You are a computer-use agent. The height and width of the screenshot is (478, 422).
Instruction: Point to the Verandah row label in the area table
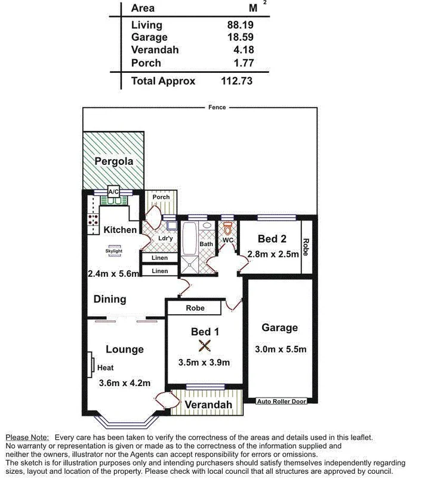(x=155, y=50)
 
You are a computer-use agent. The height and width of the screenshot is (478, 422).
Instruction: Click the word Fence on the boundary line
(x=217, y=108)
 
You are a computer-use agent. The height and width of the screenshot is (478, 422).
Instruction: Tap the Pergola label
(x=113, y=161)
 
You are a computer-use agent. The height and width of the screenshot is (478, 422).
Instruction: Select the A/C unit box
(x=113, y=191)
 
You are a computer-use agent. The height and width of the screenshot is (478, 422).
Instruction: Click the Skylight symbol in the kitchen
(x=113, y=251)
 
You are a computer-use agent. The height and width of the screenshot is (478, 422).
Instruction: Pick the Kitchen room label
(x=120, y=229)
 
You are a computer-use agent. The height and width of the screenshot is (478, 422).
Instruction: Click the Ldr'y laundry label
(x=165, y=239)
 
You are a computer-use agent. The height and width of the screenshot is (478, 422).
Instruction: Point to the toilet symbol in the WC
(x=227, y=229)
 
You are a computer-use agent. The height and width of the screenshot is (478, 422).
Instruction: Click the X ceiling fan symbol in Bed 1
(x=205, y=346)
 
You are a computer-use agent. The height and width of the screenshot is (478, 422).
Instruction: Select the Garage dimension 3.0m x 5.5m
(x=280, y=350)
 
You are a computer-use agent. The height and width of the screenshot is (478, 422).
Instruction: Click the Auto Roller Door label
(x=281, y=402)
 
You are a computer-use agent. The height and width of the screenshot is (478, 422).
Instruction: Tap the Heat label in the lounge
(x=105, y=368)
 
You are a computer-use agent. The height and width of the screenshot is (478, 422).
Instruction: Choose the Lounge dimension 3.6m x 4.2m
(x=124, y=383)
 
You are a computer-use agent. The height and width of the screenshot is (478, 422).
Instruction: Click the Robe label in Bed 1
(x=195, y=308)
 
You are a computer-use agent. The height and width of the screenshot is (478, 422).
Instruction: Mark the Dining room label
(x=109, y=299)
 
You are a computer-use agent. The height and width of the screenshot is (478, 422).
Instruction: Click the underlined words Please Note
(x=27, y=438)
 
